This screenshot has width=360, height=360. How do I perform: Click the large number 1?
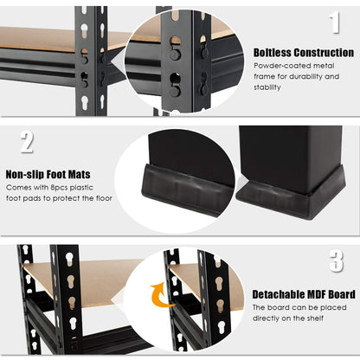point(334,23)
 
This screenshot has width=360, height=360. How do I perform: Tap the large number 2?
point(27,142)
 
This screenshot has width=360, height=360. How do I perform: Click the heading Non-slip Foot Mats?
point(48,175)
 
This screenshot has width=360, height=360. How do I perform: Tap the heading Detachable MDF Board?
point(303,294)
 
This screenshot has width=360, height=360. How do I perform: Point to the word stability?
point(268,87)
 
